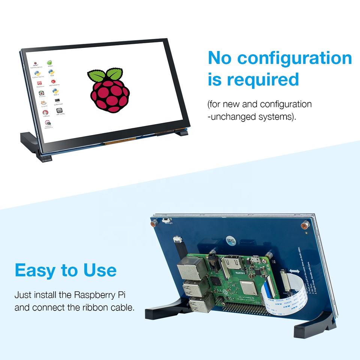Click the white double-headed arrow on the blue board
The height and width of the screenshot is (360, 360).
294,271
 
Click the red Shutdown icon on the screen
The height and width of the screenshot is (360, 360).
39,83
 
